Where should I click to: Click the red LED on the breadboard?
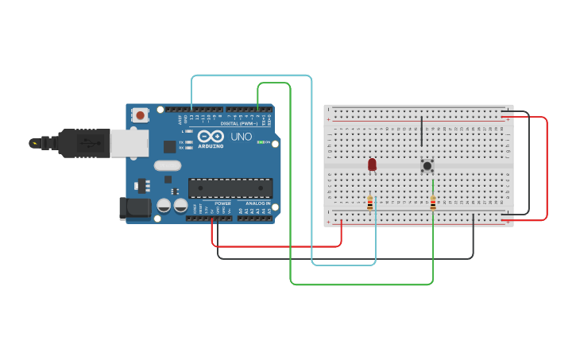(x=372, y=164)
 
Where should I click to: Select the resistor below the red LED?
(x=369, y=203)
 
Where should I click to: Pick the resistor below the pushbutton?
(x=432, y=203)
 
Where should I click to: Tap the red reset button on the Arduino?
(x=141, y=115)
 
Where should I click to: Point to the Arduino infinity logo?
(x=211, y=136)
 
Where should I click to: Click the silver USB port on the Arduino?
(x=129, y=143)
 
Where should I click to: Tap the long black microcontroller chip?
(x=230, y=188)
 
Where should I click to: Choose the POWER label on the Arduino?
(x=222, y=203)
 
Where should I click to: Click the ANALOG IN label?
(x=257, y=203)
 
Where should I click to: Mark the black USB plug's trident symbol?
(x=34, y=143)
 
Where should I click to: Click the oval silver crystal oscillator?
(x=168, y=166)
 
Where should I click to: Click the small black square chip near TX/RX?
(x=169, y=146)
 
